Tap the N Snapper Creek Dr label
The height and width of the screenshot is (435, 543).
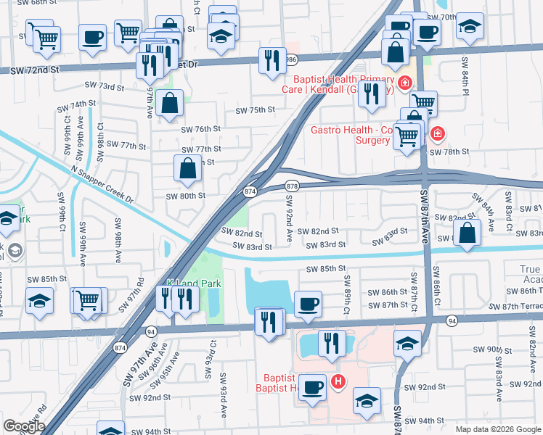coord(103,185)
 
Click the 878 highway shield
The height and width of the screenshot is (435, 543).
coord(292,186)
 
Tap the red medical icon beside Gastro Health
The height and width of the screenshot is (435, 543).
coord(437,133)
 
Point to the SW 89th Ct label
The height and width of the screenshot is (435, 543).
coord(347,294)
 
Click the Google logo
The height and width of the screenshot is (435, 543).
coord(23,426)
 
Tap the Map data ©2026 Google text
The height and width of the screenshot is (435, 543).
coord(497,429)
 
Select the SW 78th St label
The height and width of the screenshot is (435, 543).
coord(449,152)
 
